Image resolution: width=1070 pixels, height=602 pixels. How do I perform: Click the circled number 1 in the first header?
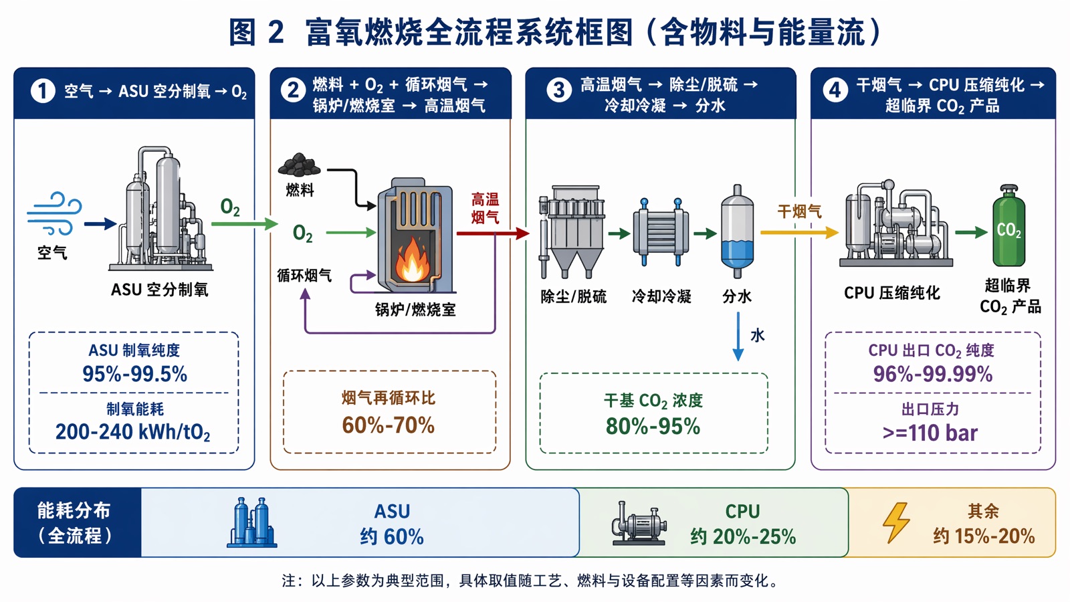pyautogui.click(x=43, y=91)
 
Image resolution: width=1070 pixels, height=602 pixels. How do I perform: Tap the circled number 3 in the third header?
pyautogui.click(x=558, y=90)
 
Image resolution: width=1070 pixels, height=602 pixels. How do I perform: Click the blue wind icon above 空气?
pyautogui.click(x=54, y=213)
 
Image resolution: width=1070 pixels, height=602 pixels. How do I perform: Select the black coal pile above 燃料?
pyautogui.click(x=299, y=165)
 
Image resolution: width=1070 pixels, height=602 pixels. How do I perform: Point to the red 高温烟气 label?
pyautogui.click(x=485, y=208)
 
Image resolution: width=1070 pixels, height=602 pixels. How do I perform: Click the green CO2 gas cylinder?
pyautogui.click(x=1008, y=226)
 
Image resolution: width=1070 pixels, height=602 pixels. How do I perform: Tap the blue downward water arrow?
pyautogui.click(x=738, y=336)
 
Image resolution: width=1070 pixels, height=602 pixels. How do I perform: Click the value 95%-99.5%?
pyautogui.click(x=134, y=374)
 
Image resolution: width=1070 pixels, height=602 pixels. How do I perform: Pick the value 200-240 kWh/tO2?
pyautogui.click(x=133, y=432)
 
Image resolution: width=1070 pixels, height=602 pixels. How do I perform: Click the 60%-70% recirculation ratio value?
pyautogui.click(x=389, y=425)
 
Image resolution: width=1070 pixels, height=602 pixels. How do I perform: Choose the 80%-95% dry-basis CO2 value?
pyautogui.click(x=653, y=426)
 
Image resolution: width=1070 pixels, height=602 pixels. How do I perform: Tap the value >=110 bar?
pyautogui.click(x=930, y=433)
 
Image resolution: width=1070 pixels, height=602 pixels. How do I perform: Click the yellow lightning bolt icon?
pyautogui.click(x=896, y=522)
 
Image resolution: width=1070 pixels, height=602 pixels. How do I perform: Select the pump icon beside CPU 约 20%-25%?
pyautogui.click(x=639, y=523)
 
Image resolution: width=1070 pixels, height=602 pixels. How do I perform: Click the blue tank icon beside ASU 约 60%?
pyautogui.click(x=251, y=522)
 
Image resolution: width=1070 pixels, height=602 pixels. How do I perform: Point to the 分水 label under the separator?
pyautogui.click(x=736, y=297)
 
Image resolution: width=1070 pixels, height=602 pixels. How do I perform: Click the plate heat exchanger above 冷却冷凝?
pyautogui.click(x=661, y=233)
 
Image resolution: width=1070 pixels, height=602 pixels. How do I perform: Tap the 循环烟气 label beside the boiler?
pyautogui.click(x=304, y=276)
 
